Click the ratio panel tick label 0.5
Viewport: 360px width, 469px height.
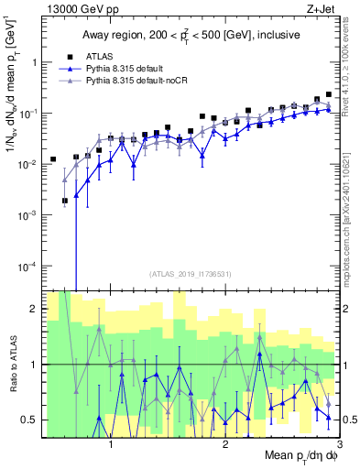[x=30, y=420]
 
